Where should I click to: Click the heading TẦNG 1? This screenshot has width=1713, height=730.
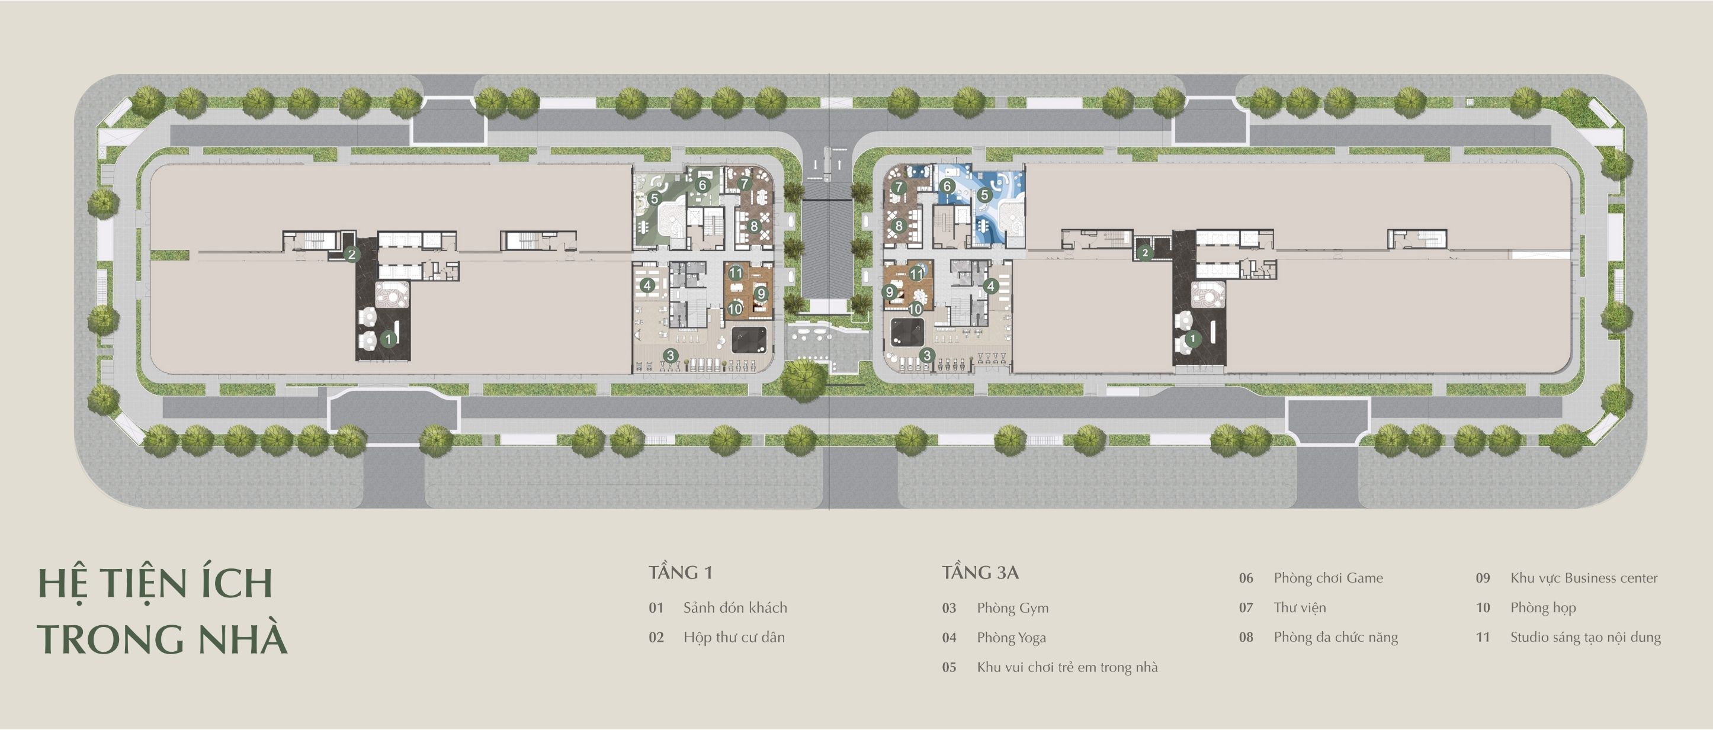[x=680, y=573]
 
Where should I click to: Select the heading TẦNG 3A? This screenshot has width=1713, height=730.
[x=980, y=573]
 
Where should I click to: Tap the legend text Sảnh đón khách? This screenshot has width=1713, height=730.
[x=735, y=607]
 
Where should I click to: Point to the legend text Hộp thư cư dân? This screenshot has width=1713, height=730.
[x=734, y=637]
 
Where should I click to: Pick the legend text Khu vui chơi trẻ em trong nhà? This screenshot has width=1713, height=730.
[x=1067, y=667]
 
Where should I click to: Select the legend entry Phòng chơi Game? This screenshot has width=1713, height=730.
[x=1328, y=578]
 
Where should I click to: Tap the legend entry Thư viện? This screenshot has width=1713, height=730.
[x=1300, y=607]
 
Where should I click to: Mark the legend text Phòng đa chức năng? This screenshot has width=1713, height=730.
[x=1335, y=638]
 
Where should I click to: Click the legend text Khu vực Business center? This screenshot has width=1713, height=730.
[x=1584, y=578]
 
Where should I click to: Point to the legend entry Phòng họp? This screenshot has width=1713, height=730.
[x=1543, y=607]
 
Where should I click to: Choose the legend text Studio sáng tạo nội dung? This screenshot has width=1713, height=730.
[x=1585, y=637]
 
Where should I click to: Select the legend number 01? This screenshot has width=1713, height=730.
[x=656, y=607]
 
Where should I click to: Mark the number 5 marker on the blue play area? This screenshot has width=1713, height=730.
[x=983, y=195]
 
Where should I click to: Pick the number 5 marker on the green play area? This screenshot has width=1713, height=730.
[x=655, y=198]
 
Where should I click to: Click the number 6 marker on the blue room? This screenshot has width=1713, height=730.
[x=947, y=187]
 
